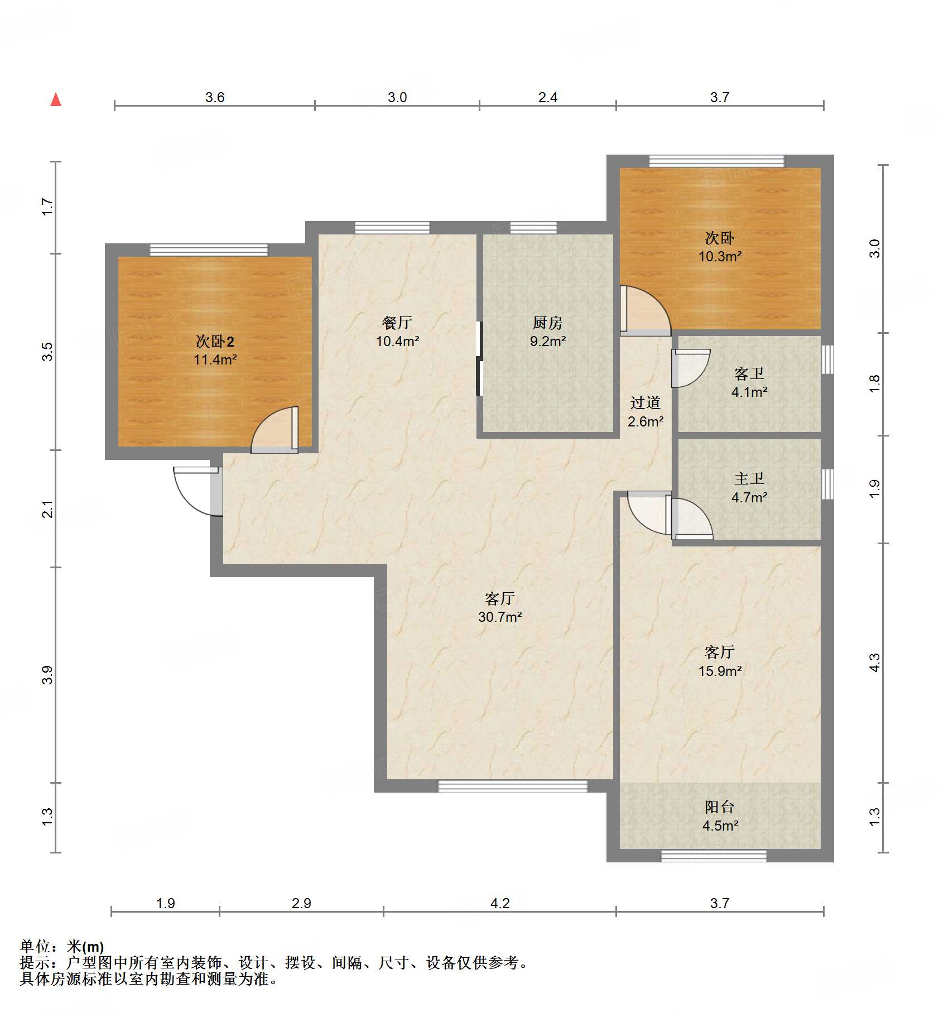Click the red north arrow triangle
[56, 99]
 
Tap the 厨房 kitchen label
[547, 323]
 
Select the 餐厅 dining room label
[397, 323]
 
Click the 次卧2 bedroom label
[215, 341]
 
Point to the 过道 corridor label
[646, 402]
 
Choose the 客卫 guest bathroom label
[749, 373]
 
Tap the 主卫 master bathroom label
[749, 478]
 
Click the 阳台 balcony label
[720, 807]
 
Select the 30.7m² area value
[500, 617]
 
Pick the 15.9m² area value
[720, 671]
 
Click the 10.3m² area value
[720, 256]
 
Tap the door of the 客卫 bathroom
[691, 368]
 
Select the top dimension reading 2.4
[548, 97]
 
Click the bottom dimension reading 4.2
[500, 903]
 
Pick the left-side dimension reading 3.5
[47, 352]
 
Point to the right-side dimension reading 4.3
[874, 663]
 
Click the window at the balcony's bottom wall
[714, 856]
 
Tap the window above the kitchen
[533, 228]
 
